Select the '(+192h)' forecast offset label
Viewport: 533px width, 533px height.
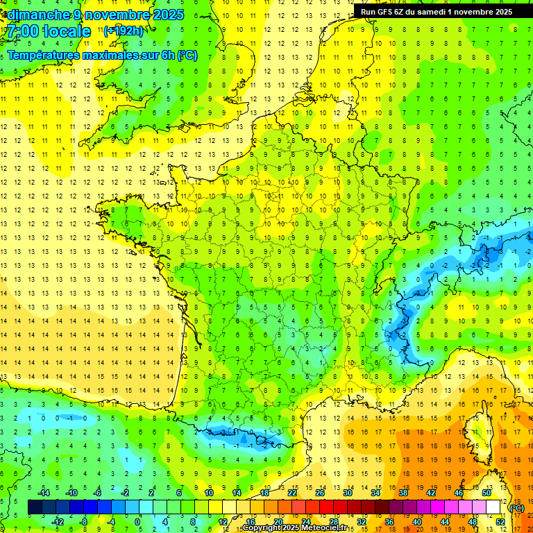(x=124, y=31)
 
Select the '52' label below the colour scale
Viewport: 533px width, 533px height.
(x=500, y=522)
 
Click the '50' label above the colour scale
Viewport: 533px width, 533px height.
(x=487, y=493)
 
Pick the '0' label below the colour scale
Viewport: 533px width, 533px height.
(x=137, y=522)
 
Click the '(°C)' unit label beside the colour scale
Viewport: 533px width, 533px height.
(x=516, y=508)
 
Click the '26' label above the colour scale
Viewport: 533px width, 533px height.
(x=320, y=493)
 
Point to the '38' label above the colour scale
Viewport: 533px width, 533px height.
(x=403, y=493)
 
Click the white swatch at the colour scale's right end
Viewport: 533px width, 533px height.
(x=493, y=507)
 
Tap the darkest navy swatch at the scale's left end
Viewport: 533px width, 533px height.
(x=35, y=507)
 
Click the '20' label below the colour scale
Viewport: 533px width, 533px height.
(x=278, y=522)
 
